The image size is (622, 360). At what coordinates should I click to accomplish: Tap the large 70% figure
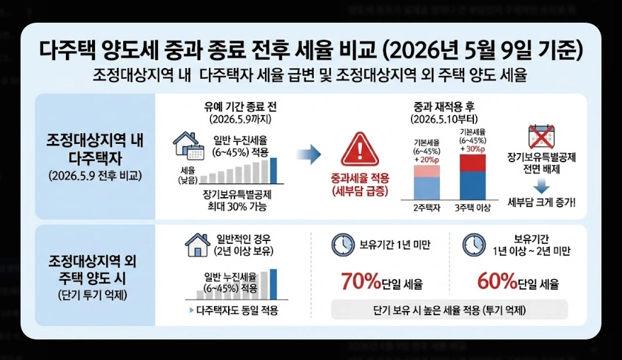(x=362, y=282)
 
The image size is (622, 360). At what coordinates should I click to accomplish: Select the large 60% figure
(x=498, y=282)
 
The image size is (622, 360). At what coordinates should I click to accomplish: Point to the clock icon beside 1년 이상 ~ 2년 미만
(x=474, y=244)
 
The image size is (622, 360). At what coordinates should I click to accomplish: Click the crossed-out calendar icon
(x=542, y=137)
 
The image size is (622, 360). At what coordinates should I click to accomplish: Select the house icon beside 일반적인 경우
(x=198, y=244)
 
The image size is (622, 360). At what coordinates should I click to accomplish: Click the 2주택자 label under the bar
(x=427, y=208)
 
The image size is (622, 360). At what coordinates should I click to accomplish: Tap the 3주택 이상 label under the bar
(x=473, y=208)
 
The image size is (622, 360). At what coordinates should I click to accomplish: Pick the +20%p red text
(x=427, y=161)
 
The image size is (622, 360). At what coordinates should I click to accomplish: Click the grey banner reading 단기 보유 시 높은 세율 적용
(x=449, y=310)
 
